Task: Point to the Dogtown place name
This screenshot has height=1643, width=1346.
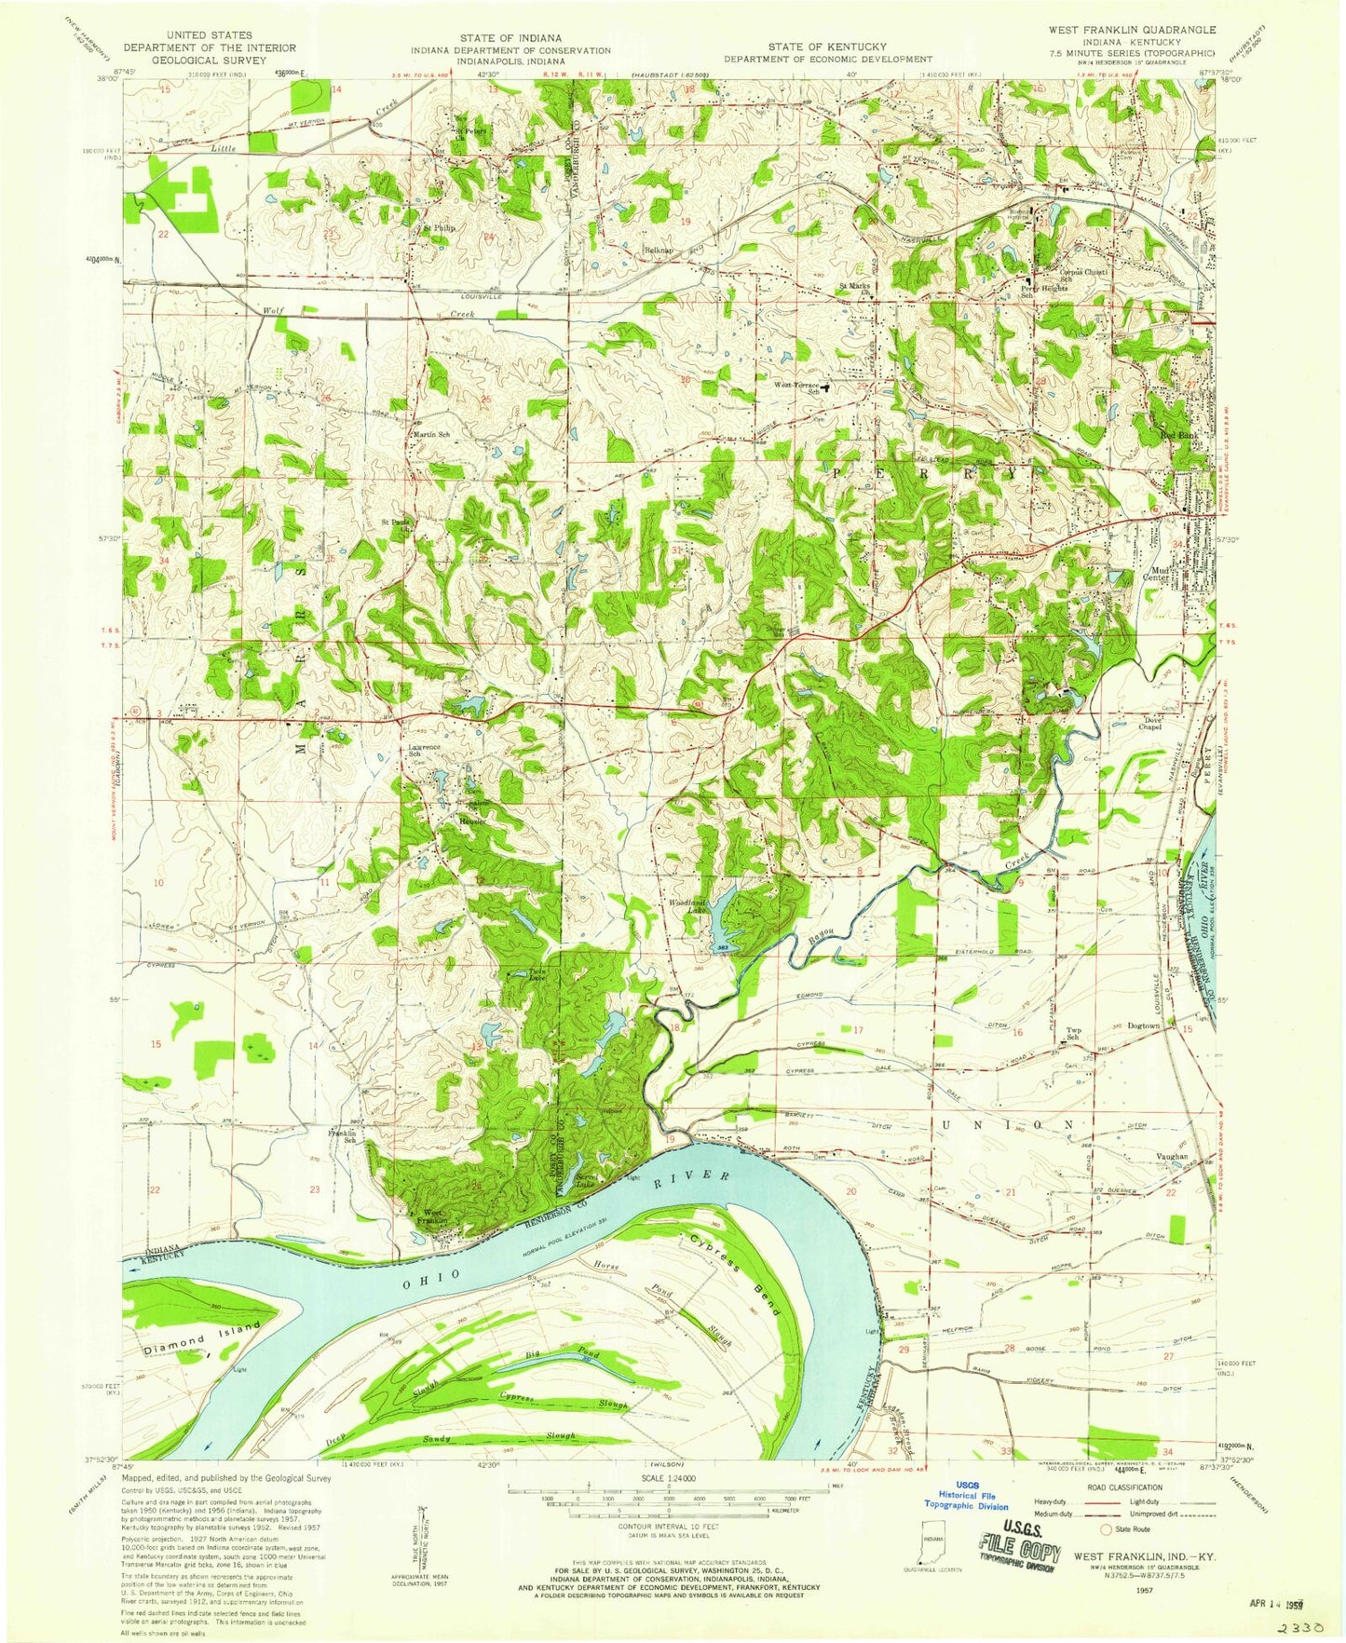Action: tap(1148, 1025)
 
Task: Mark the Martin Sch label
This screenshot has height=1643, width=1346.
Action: tap(431, 435)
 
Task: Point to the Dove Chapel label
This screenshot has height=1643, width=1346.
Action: tap(1151, 724)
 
